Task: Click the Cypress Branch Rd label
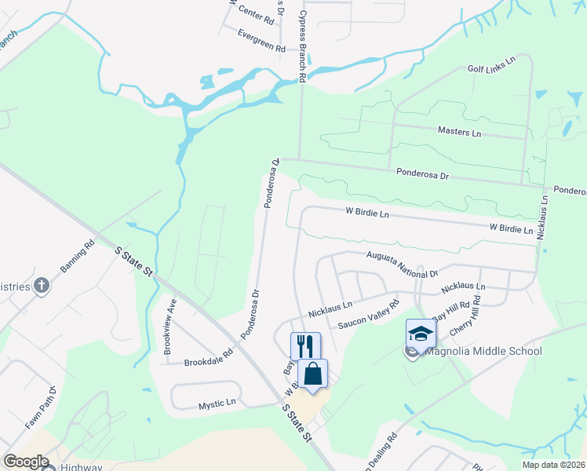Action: pos(301,41)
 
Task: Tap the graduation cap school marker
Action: pos(421,334)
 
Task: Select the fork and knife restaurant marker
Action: pos(305,346)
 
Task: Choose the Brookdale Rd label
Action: pos(209,359)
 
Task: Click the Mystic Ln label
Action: pos(217,403)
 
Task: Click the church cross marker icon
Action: pos(41,287)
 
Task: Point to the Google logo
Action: pos(25,462)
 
